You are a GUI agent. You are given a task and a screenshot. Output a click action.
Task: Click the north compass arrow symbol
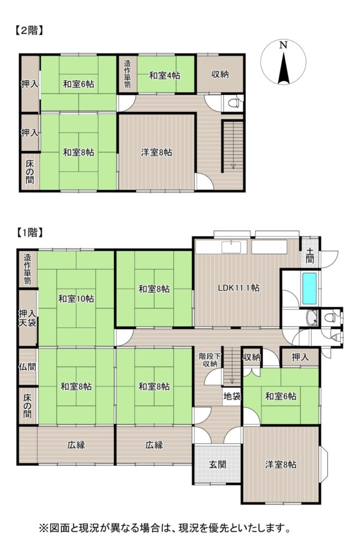(283, 68)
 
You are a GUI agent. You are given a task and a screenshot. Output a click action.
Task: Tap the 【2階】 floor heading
(29, 31)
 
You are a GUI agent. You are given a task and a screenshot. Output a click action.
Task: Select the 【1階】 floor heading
(30, 233)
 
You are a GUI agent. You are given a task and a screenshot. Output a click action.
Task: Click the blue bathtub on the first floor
(309, 288)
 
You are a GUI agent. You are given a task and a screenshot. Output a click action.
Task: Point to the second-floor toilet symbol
(233, 104)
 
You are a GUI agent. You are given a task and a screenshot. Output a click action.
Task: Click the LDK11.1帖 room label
(239, 288)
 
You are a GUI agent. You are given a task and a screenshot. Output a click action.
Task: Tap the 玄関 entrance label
(217, 464)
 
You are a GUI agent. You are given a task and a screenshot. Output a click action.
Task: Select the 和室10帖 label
(76, 298)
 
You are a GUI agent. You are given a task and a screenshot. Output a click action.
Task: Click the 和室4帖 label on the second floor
(164, 75)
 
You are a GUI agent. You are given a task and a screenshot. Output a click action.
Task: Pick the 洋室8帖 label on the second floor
(156, 153)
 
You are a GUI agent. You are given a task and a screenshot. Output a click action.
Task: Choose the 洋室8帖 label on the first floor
(280, 464)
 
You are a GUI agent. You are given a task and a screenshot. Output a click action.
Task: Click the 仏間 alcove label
(27, 367)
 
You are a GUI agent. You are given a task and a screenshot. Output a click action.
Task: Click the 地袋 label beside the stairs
(232, 396)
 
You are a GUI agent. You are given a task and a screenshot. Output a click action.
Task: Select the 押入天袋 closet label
(27, 318)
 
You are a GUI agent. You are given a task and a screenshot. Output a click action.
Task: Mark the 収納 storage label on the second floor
(220, 74)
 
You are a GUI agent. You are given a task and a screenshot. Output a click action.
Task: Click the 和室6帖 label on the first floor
(280, 396)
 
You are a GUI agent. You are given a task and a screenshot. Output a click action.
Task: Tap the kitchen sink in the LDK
(231, 247)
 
